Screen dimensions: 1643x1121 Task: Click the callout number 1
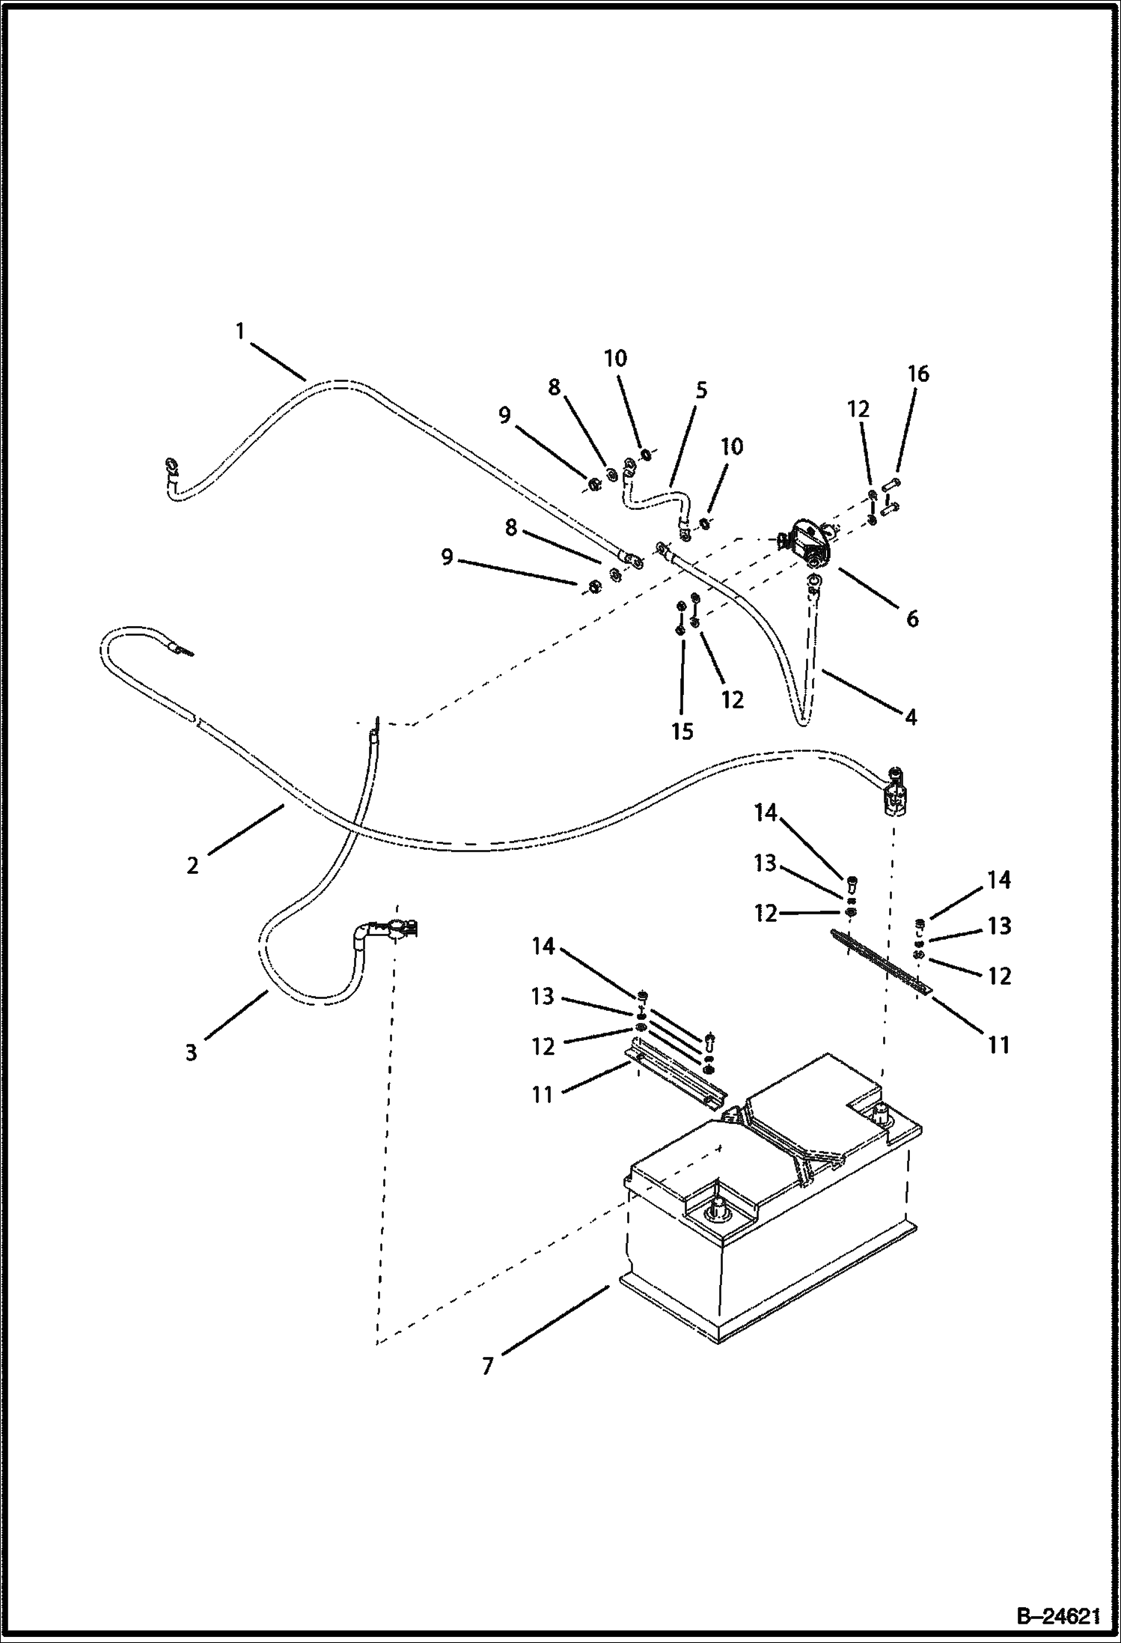pyautogui.click(x=239, y=331)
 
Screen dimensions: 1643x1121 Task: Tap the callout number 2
pyautogui.click(x=193, y=866)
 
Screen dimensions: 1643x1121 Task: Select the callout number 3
pyautogui.click(x=192, y=1052)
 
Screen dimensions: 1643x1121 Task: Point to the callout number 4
pyautogui.click(x=910, y=717)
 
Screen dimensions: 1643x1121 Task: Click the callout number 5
pyautogui.click(x=701, y=390)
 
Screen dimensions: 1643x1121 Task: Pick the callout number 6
pyautogui.click(x=911, y=619)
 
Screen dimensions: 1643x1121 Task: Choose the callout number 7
pyautogui.click(x=488, y=1367)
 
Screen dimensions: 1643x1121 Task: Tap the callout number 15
pyautogui.click(x=682, y=732)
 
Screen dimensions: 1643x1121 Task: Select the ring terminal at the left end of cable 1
pyautogui.click(x=171, y=470)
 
